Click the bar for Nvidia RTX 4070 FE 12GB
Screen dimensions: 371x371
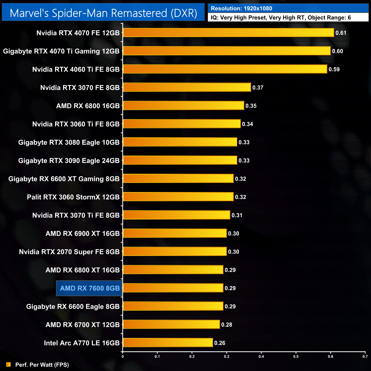pos(228,33)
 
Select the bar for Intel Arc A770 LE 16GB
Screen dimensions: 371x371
pos(168,342)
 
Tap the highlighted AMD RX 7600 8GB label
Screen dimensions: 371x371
pos(90,288)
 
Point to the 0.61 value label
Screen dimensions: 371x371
pos(341,33)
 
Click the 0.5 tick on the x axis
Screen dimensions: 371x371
pos(296,356)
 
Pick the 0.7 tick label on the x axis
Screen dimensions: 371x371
pos(365,356)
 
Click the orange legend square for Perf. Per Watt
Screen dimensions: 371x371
pos(9,364)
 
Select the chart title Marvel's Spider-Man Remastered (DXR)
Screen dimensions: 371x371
pos(103,13)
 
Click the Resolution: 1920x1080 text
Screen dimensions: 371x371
pos(241,9)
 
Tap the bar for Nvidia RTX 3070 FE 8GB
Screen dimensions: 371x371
pos(187,87)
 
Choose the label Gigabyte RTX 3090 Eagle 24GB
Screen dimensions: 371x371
pos(69,161)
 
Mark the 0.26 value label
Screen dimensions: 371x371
pos(220,343)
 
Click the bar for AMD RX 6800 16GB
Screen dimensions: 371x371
pos(184,106)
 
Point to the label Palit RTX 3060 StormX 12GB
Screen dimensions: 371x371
pos(73,197)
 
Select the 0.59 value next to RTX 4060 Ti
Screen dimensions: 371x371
pos(334,69)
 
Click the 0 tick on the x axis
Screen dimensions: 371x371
pos(123,356)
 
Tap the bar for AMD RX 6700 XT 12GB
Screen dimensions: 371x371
pos(171,324)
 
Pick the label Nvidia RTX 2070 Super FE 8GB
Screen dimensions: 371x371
pos(69,252)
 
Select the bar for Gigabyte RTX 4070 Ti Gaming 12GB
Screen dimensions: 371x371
pos(227,51)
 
